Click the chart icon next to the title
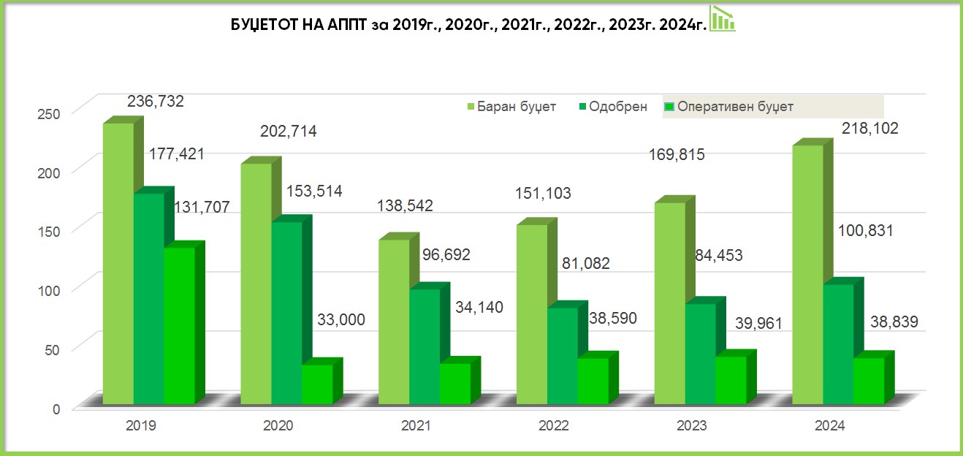coord(722,18)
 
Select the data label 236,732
coord(155,102)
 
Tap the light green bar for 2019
coord(118,264)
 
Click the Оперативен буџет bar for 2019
coord(179,326)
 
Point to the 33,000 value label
coord(341,320)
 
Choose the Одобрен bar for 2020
coord(286,313)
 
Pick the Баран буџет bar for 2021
coord(394,322)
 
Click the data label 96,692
coord(446,254)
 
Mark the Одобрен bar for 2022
coord(563,356)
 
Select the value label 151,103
coord(543,194)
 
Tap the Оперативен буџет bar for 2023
coord(731,380)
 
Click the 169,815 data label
coord(677,155)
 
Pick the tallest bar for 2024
coord(808,275)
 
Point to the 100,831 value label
coord(865,231)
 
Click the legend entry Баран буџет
coord(511,107)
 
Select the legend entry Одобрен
coord(613,107)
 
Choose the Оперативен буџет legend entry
coord(729,107)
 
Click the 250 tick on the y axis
coord(48,114)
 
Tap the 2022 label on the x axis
coord(554,425)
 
